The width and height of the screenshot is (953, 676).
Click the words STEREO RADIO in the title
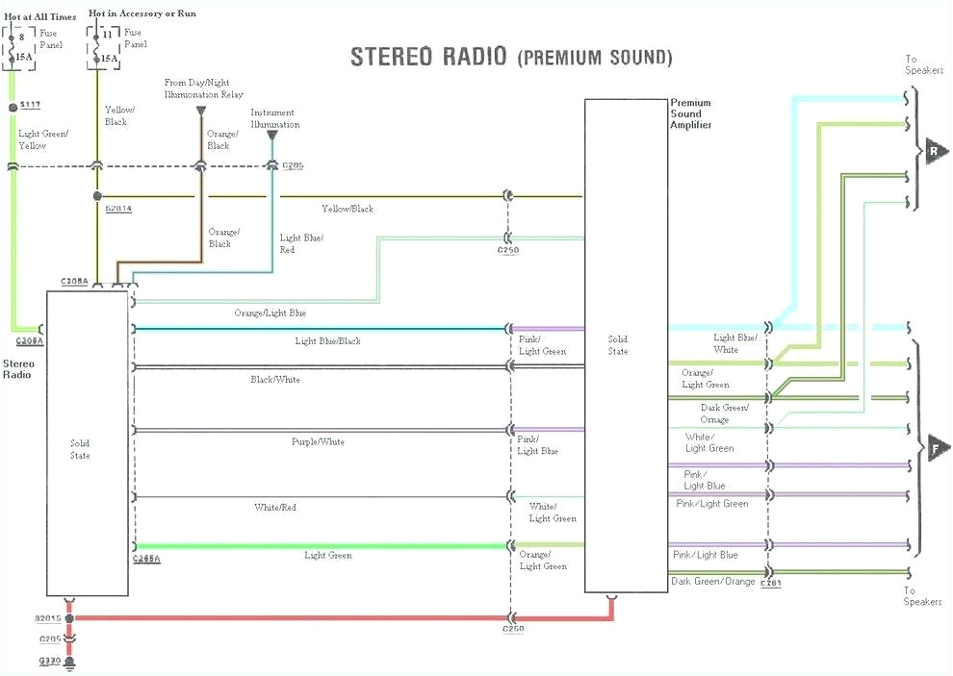point(429,56)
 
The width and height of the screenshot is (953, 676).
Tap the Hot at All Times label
point(40,16)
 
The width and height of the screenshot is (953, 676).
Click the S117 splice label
point(30,103)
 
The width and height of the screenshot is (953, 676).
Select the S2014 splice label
point(118,208)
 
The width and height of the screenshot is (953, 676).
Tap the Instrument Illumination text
point(275,118)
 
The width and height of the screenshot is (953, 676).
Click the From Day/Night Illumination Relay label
point(204,88)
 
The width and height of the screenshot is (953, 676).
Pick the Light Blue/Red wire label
point(301,243)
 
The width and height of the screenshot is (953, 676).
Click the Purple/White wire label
point(318,441)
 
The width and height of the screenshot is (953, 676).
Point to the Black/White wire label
point(275,380)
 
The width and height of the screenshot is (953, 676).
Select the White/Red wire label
point(275,507)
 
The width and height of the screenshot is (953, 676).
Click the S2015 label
point(49,618)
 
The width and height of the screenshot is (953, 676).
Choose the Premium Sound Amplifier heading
point(692,113)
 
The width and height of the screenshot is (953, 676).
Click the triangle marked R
point(935,151)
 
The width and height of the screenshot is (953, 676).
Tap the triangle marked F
point(935,446)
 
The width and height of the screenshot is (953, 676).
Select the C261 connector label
point(771,583)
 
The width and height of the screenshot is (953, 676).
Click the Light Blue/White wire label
point(734,343)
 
